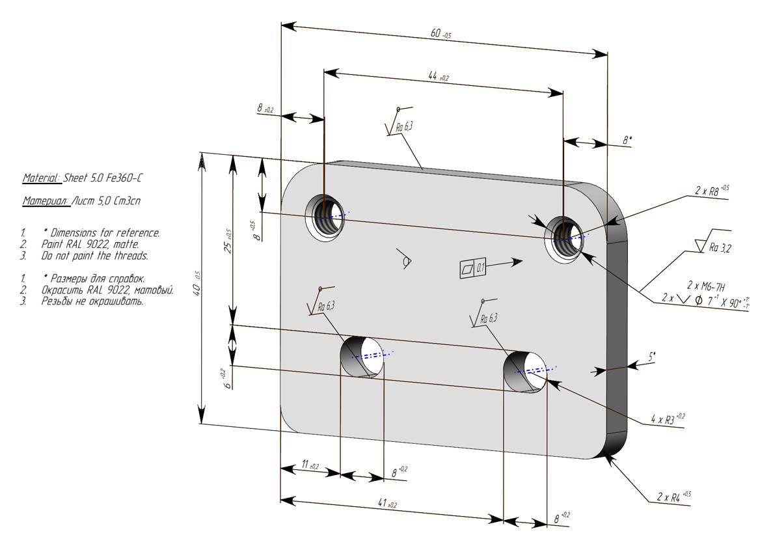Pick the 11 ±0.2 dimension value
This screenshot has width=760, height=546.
309,465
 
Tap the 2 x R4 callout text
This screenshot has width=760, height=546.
673,497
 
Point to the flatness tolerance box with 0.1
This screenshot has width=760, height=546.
473,267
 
